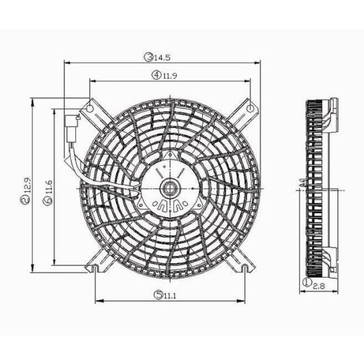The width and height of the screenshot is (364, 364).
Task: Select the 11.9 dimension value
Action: [x=170, y=75]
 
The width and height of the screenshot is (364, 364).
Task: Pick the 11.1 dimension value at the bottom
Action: [x=171, y=295]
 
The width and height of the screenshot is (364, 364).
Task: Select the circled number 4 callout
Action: [x=157, y=75]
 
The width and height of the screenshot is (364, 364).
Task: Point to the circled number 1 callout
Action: [x=306, y=283]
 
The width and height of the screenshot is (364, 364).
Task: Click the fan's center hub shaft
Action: [x=170, y=190]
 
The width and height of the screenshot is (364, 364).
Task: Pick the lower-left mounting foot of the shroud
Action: [x=96, y=264]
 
